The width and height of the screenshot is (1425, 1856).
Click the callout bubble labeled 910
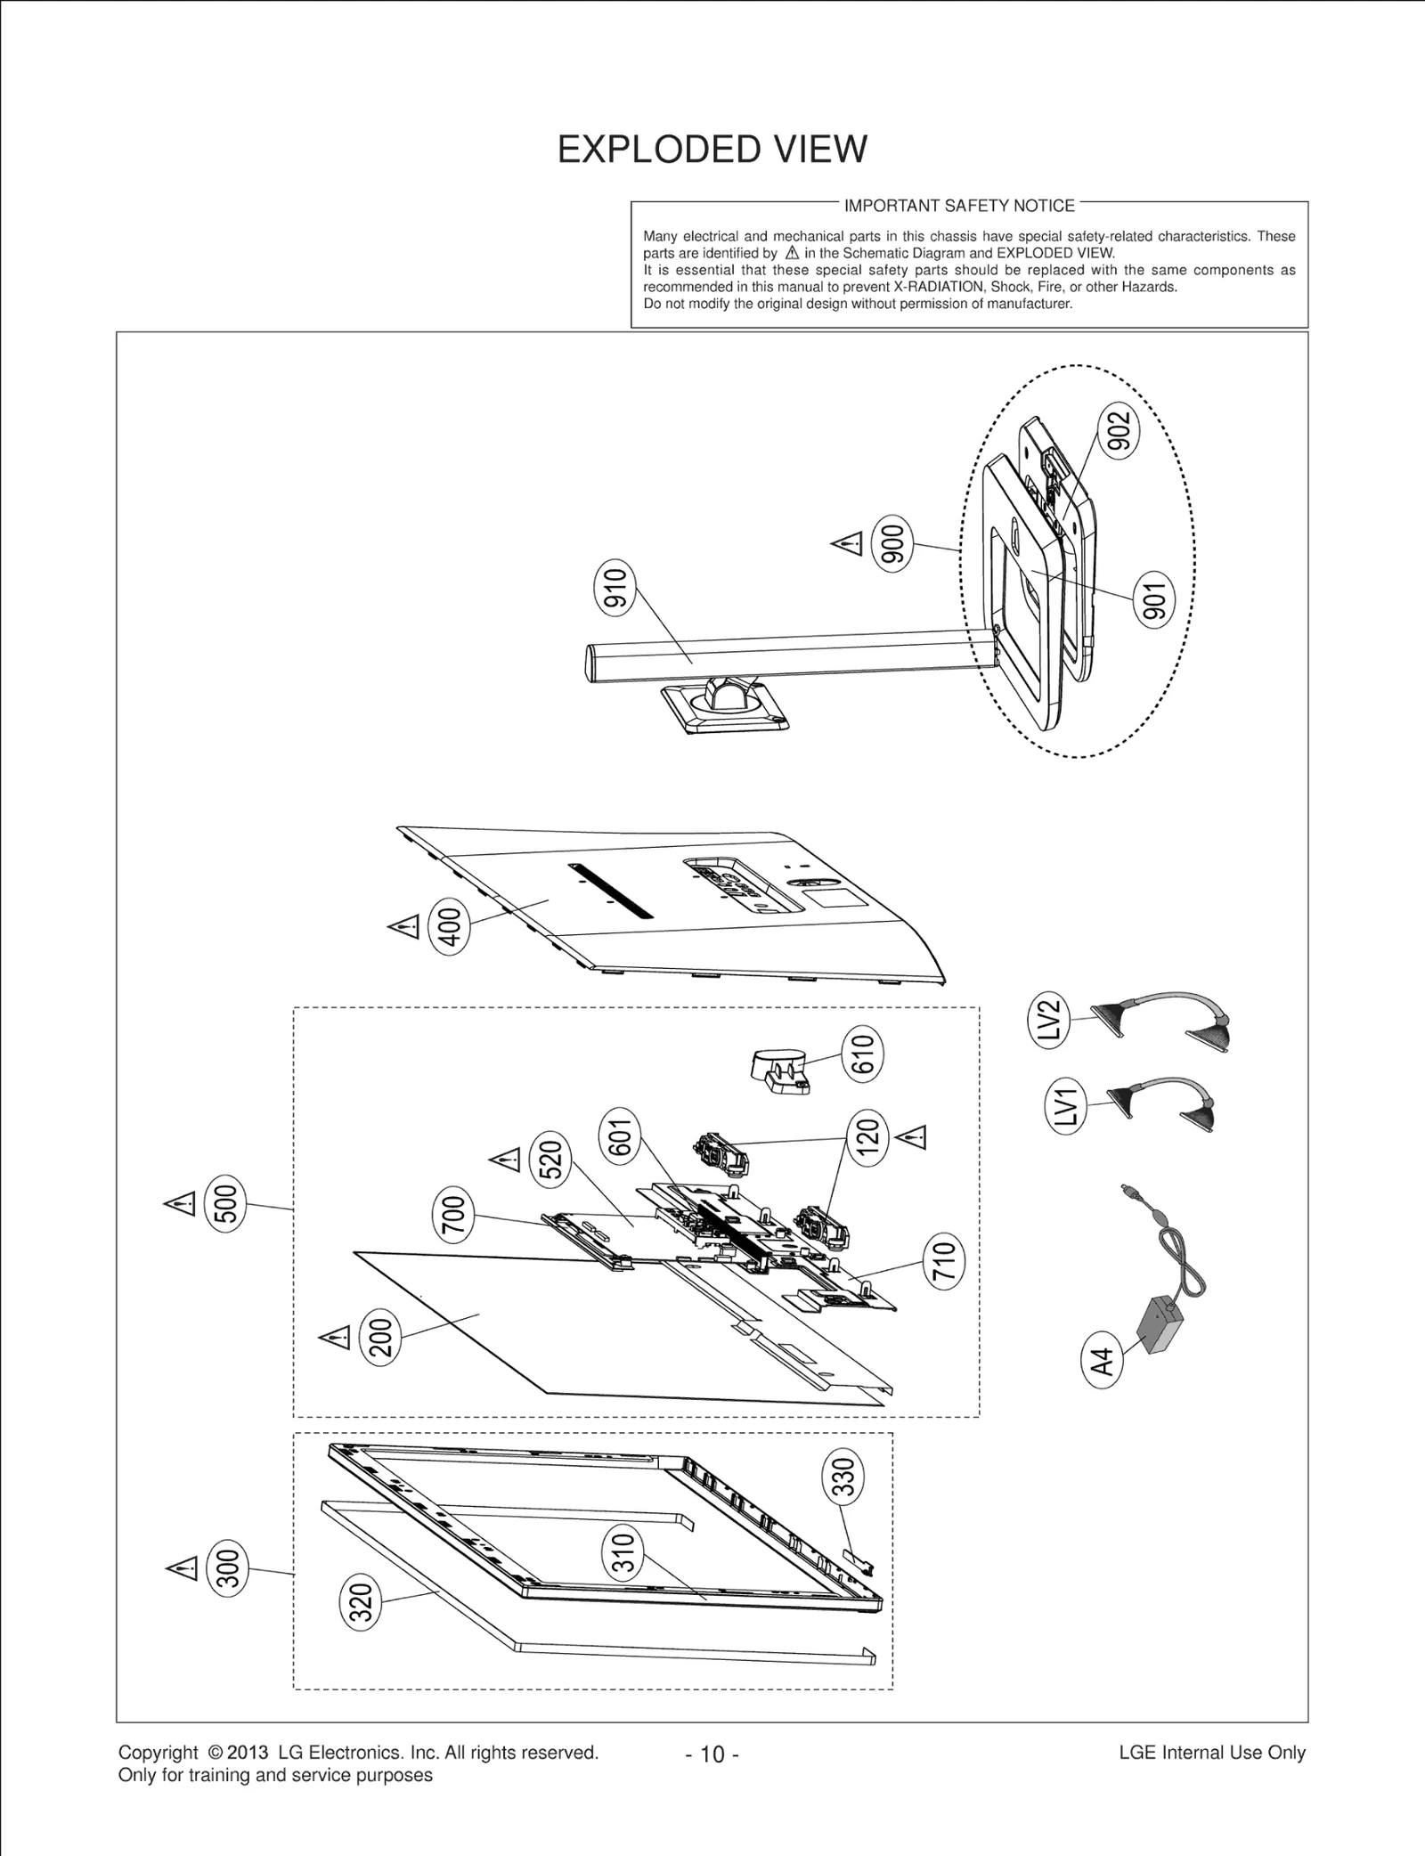(615, 589)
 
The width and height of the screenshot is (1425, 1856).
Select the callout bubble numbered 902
(1120, 430)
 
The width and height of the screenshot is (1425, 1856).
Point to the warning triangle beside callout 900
(847, 542)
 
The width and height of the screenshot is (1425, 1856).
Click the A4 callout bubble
(1103, 1362)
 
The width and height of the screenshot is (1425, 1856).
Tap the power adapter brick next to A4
(1160, 1326)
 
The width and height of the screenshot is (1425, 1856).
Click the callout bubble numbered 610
(864, 1054)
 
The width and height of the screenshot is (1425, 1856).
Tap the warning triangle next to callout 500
(180, 1205)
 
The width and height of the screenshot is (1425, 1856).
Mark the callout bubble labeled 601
(621, 1137)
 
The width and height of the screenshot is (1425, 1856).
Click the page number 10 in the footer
(712, 1754)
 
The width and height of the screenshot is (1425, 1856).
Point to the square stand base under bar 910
(726, 707)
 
